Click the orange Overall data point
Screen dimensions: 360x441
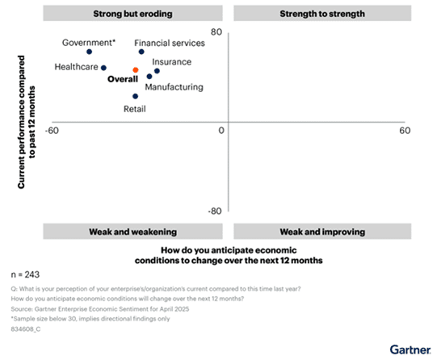[136, 70]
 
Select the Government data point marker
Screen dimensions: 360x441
[89, 52]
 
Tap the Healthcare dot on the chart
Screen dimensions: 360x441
[103, 69]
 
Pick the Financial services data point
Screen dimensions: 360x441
[141, 52]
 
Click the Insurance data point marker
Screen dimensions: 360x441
[157, 71]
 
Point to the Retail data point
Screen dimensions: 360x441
[136, 96]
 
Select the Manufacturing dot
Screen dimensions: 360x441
[149, 77]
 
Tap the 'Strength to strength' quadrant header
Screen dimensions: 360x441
[321, 14]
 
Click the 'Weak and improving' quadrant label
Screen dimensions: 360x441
[321, 232]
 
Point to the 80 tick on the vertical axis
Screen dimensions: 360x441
[216, 32]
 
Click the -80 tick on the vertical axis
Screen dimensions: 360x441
[214, 211]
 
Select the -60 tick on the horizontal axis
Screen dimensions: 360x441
[52, 131]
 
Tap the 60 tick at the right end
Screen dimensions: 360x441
[405, 131]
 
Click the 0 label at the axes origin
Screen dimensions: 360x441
[220, 131]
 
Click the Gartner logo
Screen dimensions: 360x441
[410, 349]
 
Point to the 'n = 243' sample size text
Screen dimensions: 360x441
[27, 275]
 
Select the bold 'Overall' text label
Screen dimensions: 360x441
[123, 79]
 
